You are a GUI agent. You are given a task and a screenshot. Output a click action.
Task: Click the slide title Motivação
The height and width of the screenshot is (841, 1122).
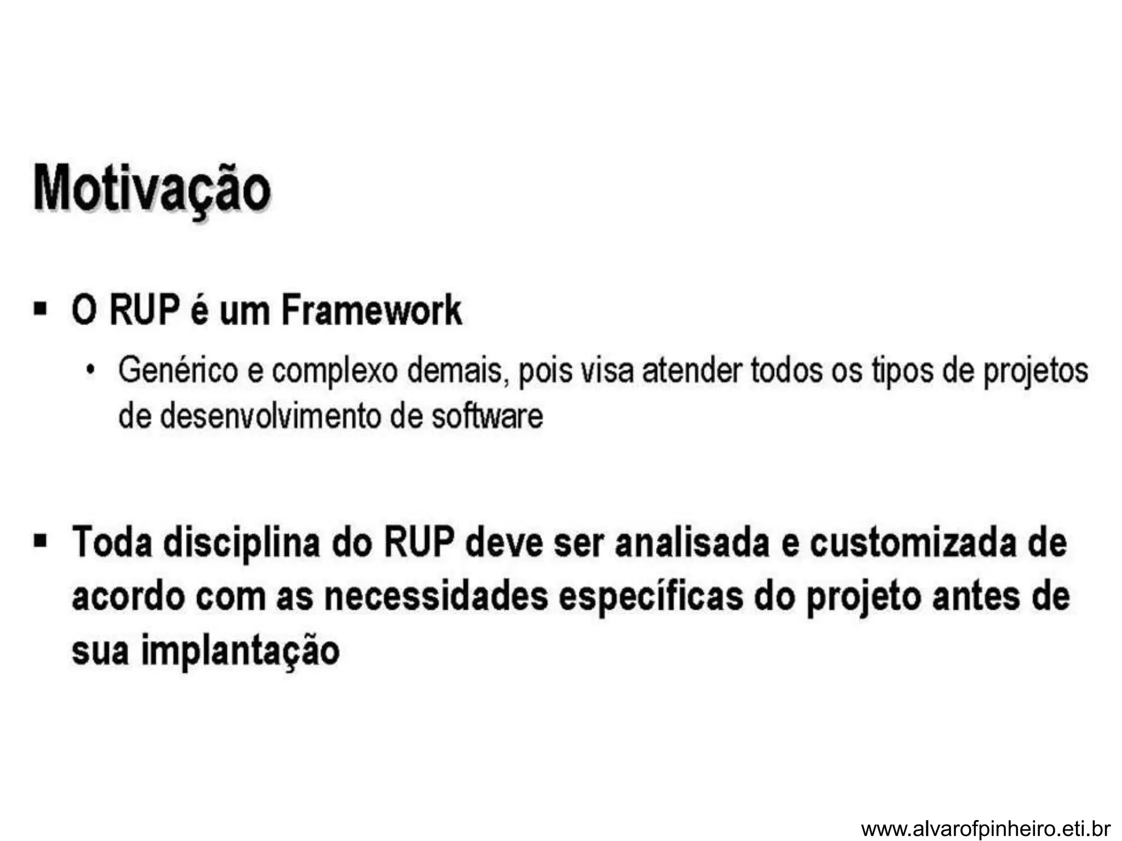(152, 189)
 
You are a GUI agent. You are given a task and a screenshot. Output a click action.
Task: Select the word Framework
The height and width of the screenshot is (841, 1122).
(371, 310)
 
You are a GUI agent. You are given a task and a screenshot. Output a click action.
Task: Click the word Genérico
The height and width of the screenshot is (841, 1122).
(178, 370)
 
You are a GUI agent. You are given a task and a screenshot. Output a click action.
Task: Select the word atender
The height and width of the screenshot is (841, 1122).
(691, 370)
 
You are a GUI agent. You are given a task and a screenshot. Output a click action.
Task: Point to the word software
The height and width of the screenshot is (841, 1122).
(487, 416)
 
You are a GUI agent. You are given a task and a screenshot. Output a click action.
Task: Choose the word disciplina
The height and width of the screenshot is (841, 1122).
(241, 542)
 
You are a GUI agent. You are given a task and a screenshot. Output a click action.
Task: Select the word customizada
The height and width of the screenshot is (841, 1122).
(912, 542)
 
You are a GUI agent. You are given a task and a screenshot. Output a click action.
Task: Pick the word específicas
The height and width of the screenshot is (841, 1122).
(651, 597)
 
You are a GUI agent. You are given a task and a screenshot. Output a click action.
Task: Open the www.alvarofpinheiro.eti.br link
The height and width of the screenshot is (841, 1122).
(986, 828)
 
